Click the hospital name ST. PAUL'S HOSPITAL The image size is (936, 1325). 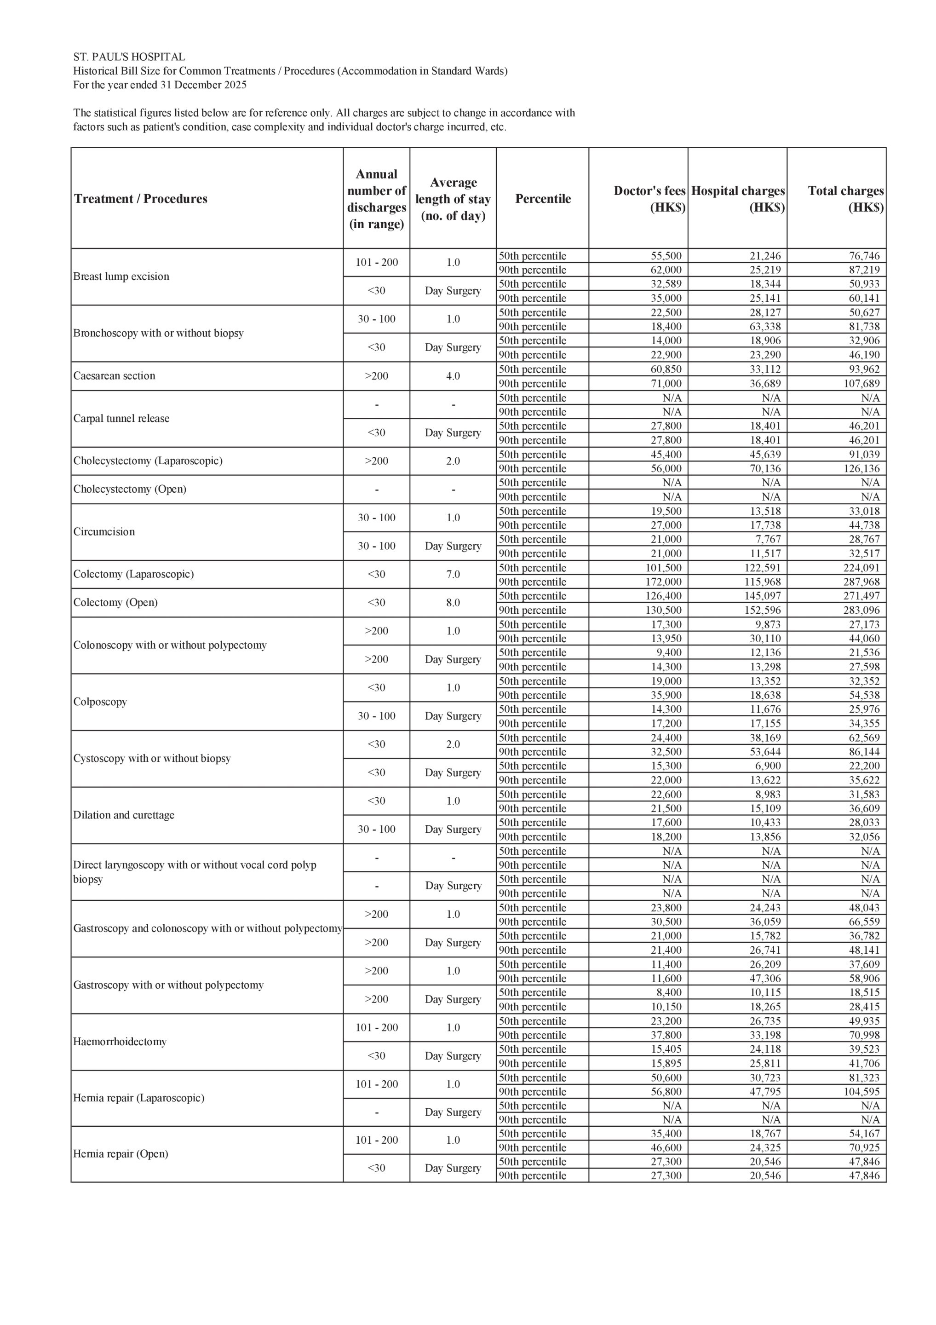(x=129, y=57)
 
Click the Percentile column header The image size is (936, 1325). (x=542, y=198)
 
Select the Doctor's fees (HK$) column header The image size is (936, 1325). (x=649, y=198)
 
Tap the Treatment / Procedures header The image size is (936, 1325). (x=140, y=198)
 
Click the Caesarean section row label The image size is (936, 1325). (x=114, y=376)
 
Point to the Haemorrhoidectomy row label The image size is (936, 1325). (x=120, y=1042)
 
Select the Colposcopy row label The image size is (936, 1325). (x=100, y=702)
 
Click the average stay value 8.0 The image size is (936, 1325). (x=453, y=603)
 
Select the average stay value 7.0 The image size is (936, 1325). (x=453, y=574)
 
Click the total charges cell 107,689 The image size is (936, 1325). (x=859, y=383)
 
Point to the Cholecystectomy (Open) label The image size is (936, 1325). (x=130, y=489)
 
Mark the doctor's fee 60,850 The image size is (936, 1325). (x=666, y=369)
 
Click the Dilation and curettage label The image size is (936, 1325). (x=123, y=815)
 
